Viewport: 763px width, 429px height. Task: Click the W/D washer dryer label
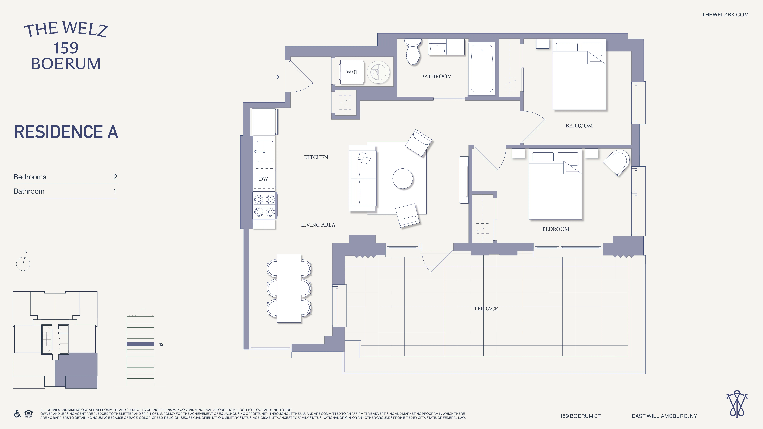point(352,72)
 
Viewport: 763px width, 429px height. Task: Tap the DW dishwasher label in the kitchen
point(263,179)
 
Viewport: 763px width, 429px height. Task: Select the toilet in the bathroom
point(413,52)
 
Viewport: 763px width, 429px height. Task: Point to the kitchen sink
point(264,151)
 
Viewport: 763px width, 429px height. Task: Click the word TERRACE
point(486,308)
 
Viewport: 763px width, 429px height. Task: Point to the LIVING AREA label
point(318,225)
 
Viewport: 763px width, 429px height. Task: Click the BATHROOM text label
point(436,76)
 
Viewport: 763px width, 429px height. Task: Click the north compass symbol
point(23,264)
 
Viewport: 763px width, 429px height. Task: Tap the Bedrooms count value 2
point(115,177)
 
